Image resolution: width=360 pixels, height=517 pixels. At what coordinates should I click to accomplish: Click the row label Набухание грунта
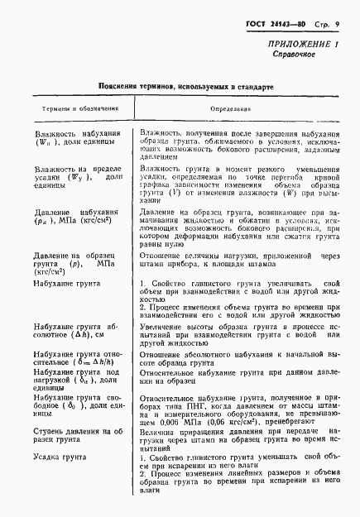(64, 285)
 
